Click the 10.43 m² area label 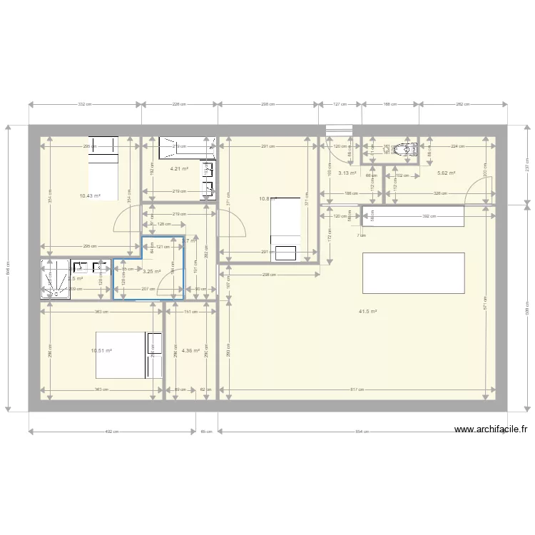coord(90,196)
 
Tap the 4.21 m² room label coord(179,169)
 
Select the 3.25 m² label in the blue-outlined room coord(151,271)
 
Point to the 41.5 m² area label coord(367,311)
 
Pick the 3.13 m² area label coord(347,173)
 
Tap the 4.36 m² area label coord(190,350)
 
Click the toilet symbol coord(407,148)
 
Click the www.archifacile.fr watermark coord(491,429)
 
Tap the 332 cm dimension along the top coord(85,105)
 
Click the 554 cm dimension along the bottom coord(362,432)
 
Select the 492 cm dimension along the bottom coord(112,432)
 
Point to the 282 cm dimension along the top coord(462,105)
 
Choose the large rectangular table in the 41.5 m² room coord(414,272)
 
